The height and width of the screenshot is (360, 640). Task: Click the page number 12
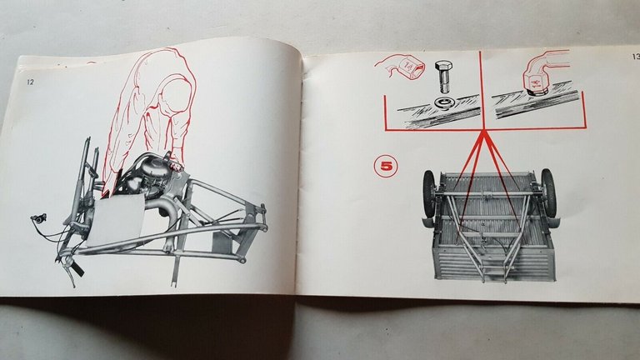(x=29, y=82)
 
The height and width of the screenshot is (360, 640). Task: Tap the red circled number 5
(x=387, y=166)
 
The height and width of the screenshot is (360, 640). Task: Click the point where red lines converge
(x=483, y=132)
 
